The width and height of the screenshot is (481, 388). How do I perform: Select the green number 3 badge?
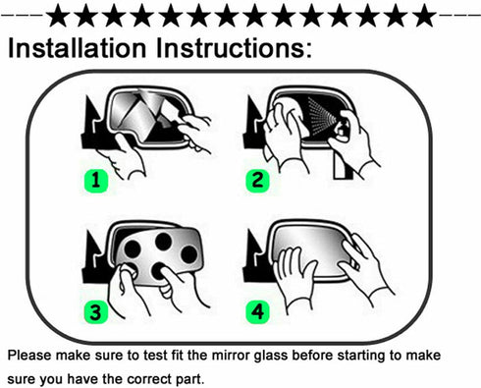(94, 312)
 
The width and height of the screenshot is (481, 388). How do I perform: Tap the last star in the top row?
(424, 16)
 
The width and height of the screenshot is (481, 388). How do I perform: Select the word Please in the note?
(32, 355)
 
